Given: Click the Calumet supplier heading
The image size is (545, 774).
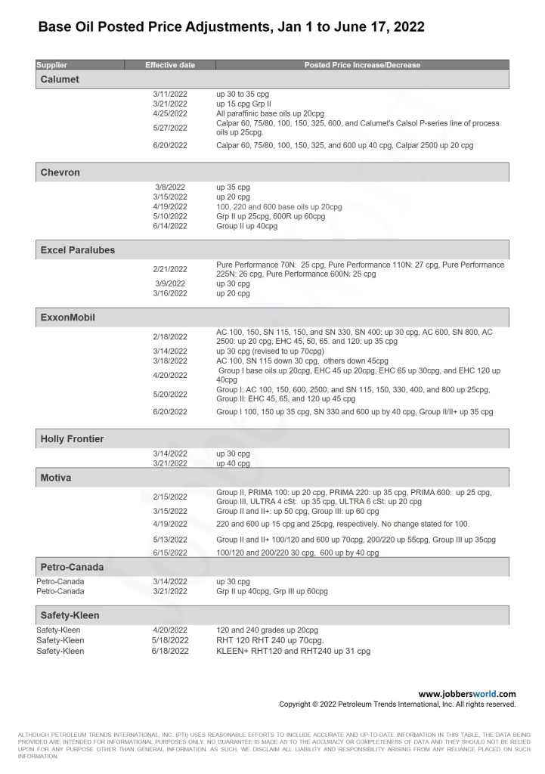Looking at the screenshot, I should tap(60, 79).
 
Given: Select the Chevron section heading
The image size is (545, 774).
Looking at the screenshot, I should tap(60, 172).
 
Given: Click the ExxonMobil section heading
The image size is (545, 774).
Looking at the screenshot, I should tap(67, 317).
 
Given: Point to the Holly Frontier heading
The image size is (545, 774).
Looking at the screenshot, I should tap(72, 439).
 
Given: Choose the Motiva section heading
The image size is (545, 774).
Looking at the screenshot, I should tap(56, 478).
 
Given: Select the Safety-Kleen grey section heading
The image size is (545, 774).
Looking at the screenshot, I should tap(70, 615).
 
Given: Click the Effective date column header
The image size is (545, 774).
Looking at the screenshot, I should tap(170, 65).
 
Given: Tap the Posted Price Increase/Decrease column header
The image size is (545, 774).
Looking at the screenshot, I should tap(362, 65).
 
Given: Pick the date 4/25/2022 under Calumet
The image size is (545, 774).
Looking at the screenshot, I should tap(170, 113).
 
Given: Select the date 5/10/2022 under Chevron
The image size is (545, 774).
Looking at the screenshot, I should tap(170, 216).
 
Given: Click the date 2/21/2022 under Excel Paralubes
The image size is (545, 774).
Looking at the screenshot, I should tap(170, 269).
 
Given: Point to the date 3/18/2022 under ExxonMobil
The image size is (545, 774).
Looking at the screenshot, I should tap(170, 361).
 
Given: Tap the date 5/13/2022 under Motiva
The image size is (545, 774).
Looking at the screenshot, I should tap(170, 540).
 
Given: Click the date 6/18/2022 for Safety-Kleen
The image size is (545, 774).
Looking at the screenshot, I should tap(170, 651).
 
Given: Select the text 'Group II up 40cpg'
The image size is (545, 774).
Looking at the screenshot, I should tap(247, 226).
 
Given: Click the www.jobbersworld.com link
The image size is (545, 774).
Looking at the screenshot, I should tap(467, 694).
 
